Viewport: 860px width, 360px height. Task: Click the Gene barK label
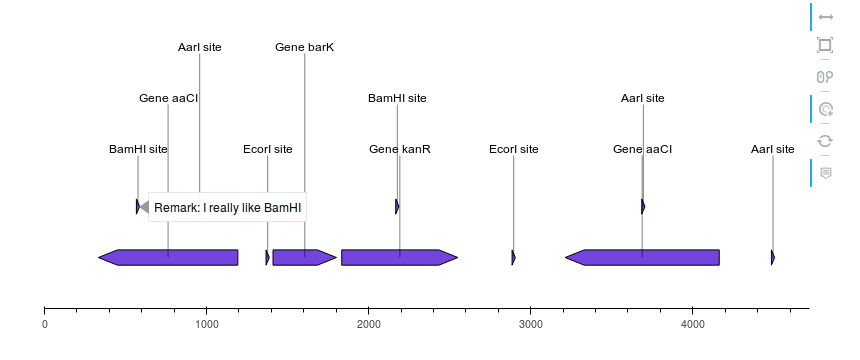tap(304, 47)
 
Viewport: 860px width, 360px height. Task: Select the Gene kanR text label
tap(399, 149)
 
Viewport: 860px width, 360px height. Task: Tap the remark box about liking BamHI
tap(228, 207)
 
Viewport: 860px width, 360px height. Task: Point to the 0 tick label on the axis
tap(45, 324)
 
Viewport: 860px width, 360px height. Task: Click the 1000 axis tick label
tap(207, 324)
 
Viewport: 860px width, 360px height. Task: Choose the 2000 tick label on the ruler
tap(369, 324)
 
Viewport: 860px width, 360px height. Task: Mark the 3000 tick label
tap(531, 324)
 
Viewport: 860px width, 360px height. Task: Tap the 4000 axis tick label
tap(693, 324)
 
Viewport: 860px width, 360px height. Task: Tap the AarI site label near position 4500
tap(772, 149)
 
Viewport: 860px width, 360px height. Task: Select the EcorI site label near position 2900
tap(513, 149)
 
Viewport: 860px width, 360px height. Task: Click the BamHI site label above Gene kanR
tap(397, 98)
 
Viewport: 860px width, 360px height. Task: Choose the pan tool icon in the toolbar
tap(825, 17)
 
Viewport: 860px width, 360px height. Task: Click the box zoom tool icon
tap(825, 45)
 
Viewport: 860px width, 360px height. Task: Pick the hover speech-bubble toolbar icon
tap(825, 173)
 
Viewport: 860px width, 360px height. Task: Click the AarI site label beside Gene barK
tap(199, 47)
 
